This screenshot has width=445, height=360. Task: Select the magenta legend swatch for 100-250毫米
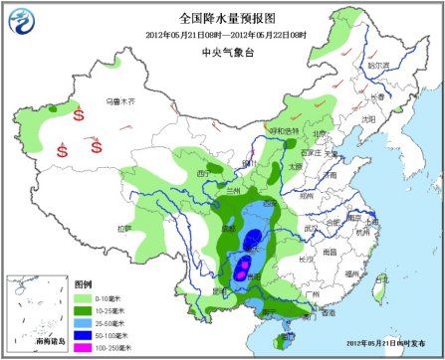point(84,345)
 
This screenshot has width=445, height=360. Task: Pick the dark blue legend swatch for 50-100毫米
point(84,333)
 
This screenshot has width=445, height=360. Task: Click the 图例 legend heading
point(84,284)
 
